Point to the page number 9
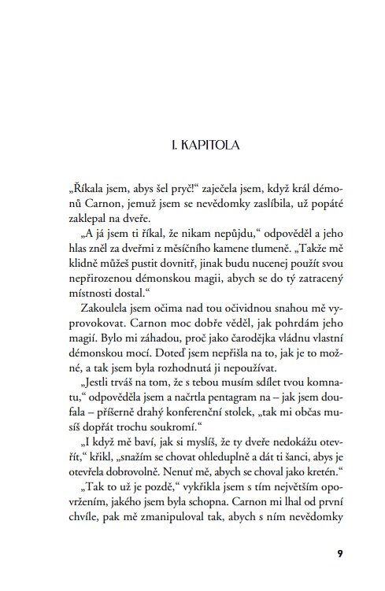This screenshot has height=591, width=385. (x=339, y=553)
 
